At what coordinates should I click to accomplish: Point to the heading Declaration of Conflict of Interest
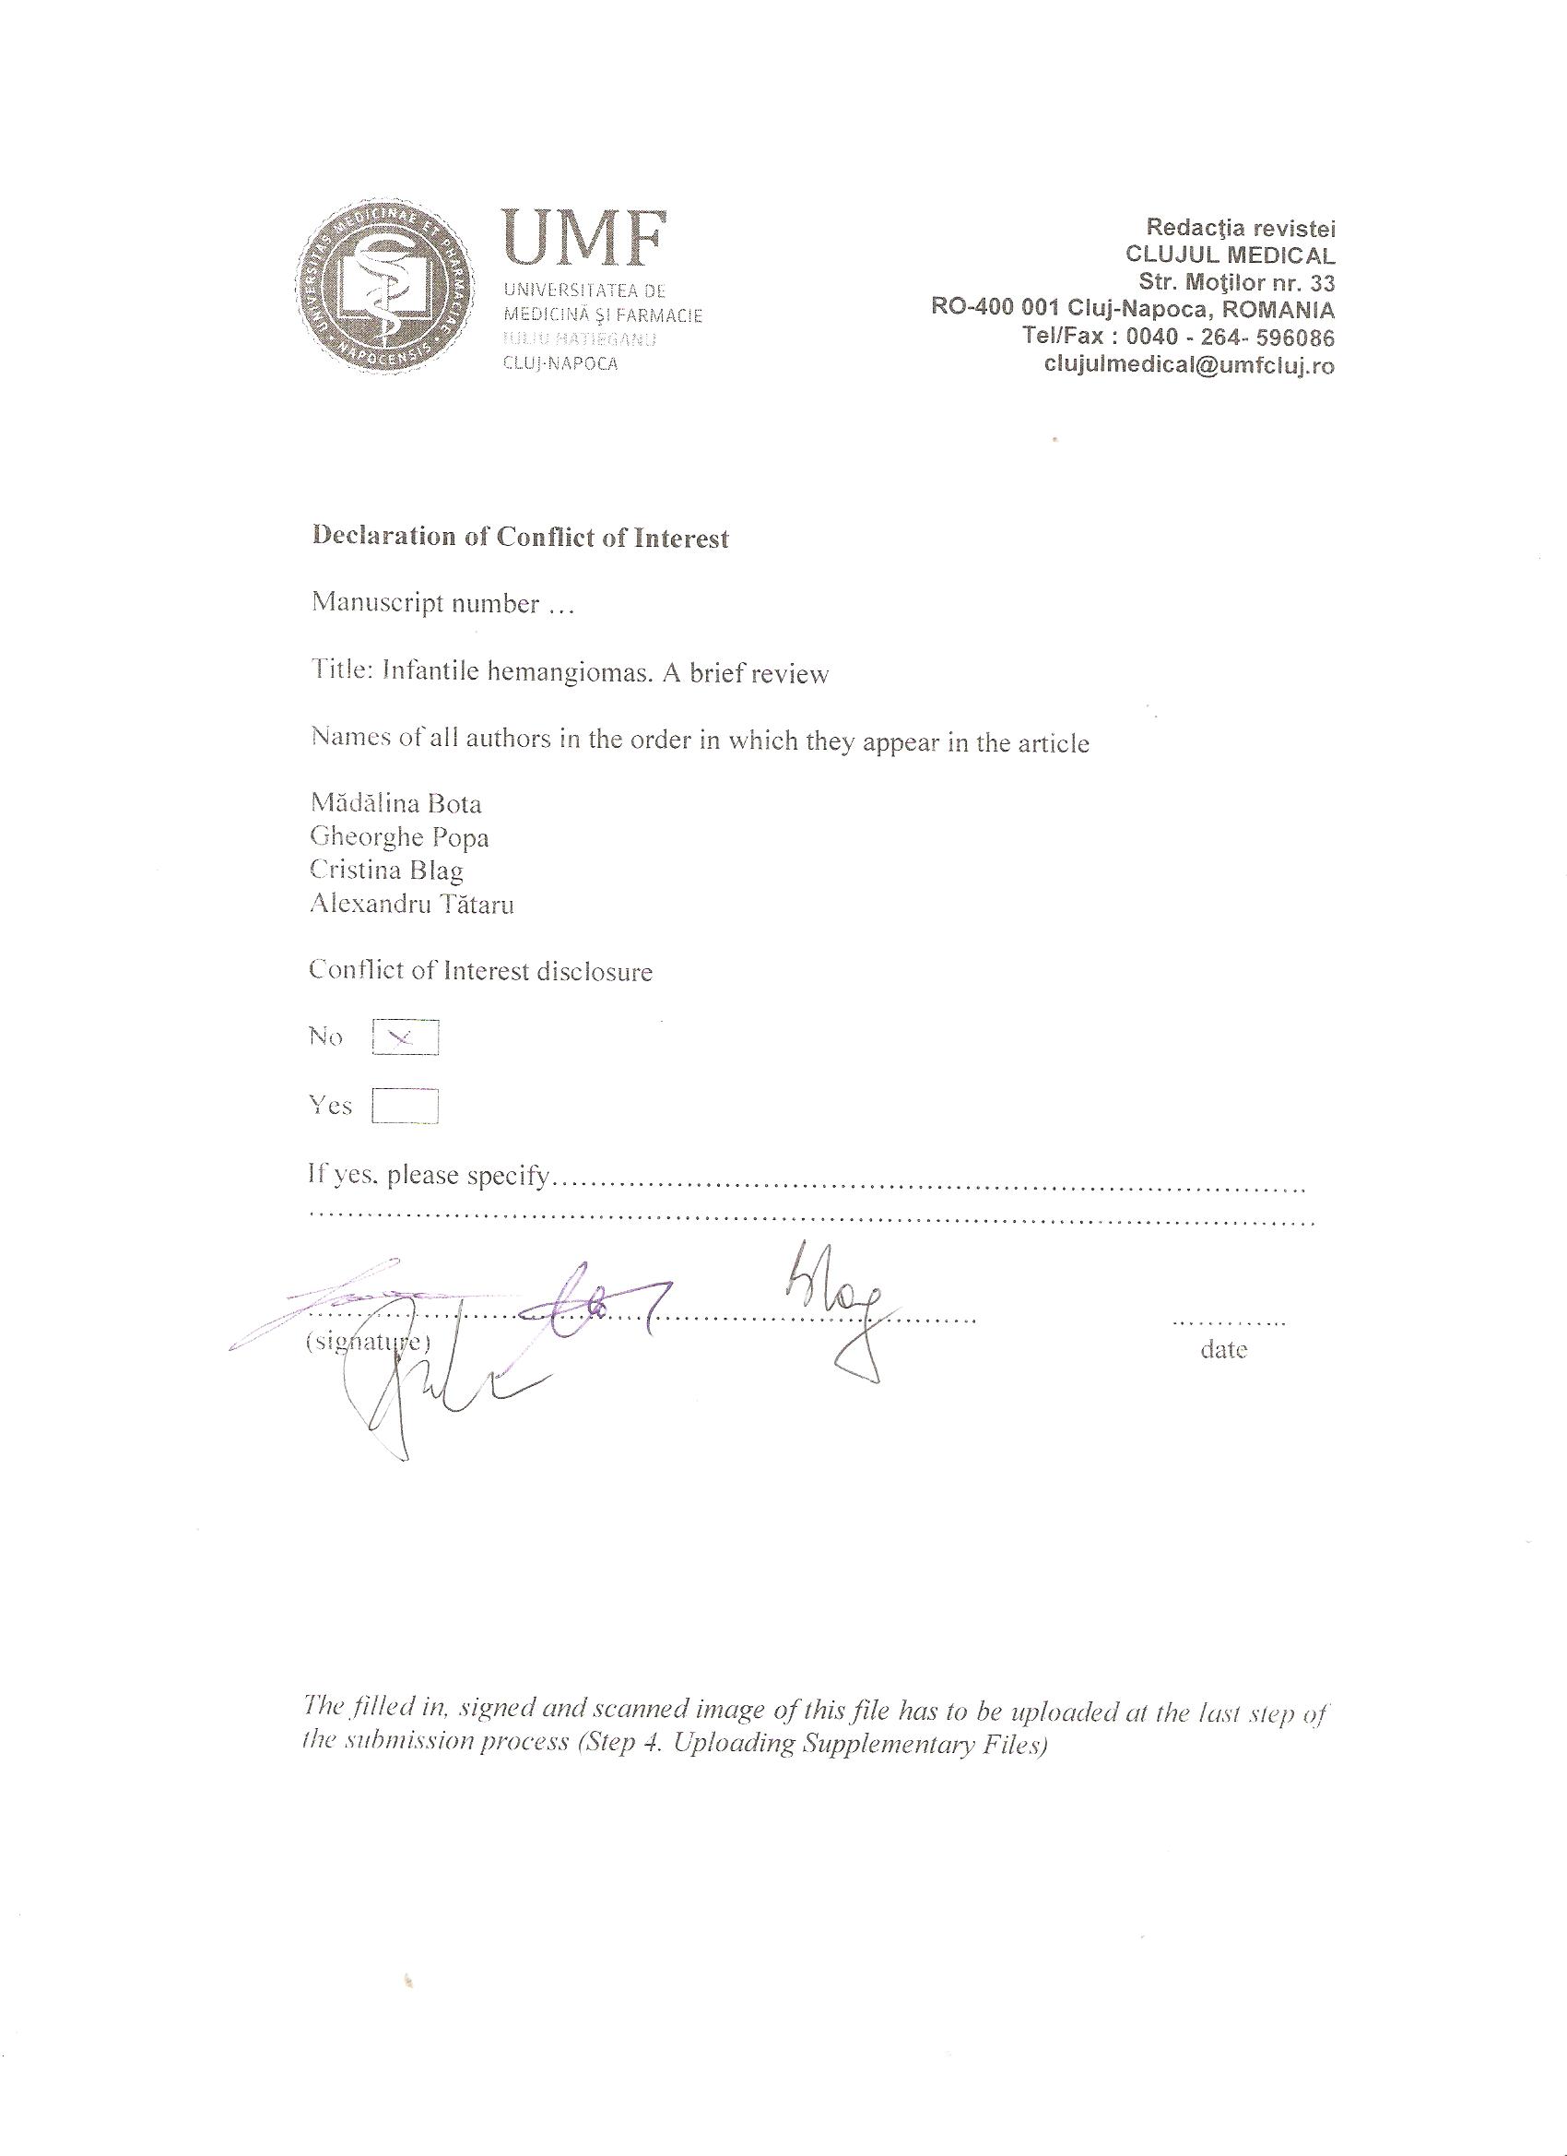520,537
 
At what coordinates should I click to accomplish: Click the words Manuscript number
426,604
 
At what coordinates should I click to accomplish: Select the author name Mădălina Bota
396,803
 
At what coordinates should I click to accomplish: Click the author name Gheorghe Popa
399,836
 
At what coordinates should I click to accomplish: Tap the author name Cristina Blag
387,870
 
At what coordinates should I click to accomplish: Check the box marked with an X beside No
406,1038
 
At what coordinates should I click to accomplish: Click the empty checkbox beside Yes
406,1107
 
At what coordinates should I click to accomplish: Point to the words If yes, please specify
429,1176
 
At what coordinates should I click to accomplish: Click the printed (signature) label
367,1343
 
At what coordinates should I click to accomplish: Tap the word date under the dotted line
1223,1350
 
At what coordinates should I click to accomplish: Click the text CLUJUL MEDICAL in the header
1230,255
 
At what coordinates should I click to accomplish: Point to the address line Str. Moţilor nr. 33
1236,282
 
